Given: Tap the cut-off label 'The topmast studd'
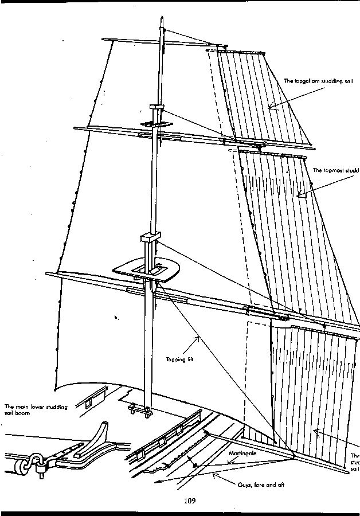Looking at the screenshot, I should point(336,170).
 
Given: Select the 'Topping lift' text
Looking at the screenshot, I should point(179,360).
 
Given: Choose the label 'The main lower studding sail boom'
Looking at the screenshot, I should point(36,410).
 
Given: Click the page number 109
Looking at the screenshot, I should point(190,501).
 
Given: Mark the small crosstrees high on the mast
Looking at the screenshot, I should point(156,124).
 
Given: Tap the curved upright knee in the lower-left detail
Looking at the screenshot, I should point(100,436).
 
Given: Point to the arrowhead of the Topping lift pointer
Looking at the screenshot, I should point(199,338).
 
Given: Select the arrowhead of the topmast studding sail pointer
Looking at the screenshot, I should point(298,197).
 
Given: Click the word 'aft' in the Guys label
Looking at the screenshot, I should point(280,486).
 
